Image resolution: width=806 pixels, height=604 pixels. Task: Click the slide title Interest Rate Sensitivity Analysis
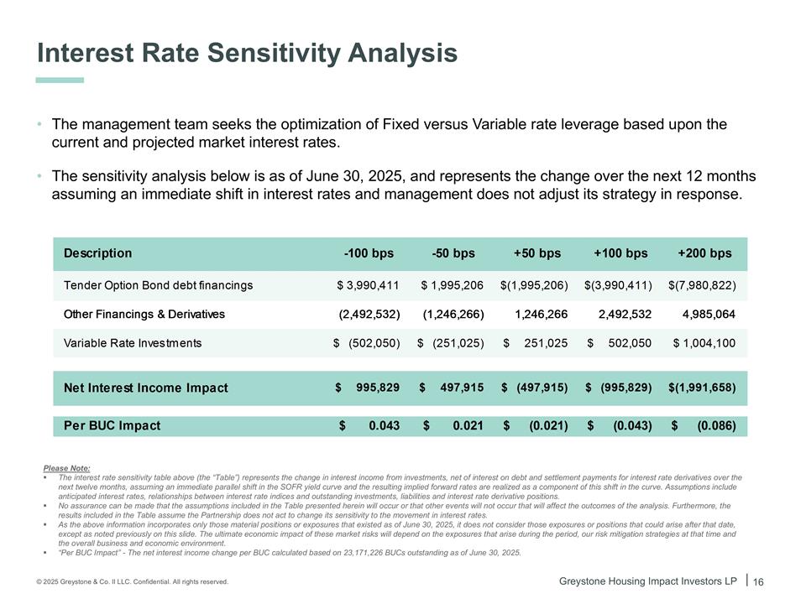point(247,54)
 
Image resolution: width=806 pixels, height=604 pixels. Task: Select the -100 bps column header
point(369,253)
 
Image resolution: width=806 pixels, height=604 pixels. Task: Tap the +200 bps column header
point(704,253)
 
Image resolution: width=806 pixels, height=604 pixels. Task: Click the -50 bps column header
point(453,253)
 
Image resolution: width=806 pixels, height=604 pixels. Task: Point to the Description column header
point(97,253)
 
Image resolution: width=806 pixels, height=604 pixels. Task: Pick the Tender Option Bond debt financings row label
point(158,285)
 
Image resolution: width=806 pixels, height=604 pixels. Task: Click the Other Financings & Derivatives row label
point(144,315)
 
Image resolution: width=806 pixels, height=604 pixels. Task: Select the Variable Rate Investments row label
point(133,343)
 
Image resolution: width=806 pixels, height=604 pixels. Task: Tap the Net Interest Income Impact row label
point(145,388)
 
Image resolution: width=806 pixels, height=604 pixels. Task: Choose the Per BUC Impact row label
point(112,425)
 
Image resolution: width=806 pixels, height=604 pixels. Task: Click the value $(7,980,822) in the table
point(702,285)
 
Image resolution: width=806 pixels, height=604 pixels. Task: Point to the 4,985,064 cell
point(709,315)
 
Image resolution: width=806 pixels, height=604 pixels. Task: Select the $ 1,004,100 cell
point(704,343)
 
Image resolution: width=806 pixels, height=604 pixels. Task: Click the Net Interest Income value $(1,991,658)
point(702,388)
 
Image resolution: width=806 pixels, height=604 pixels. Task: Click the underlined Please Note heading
point(66,468)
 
